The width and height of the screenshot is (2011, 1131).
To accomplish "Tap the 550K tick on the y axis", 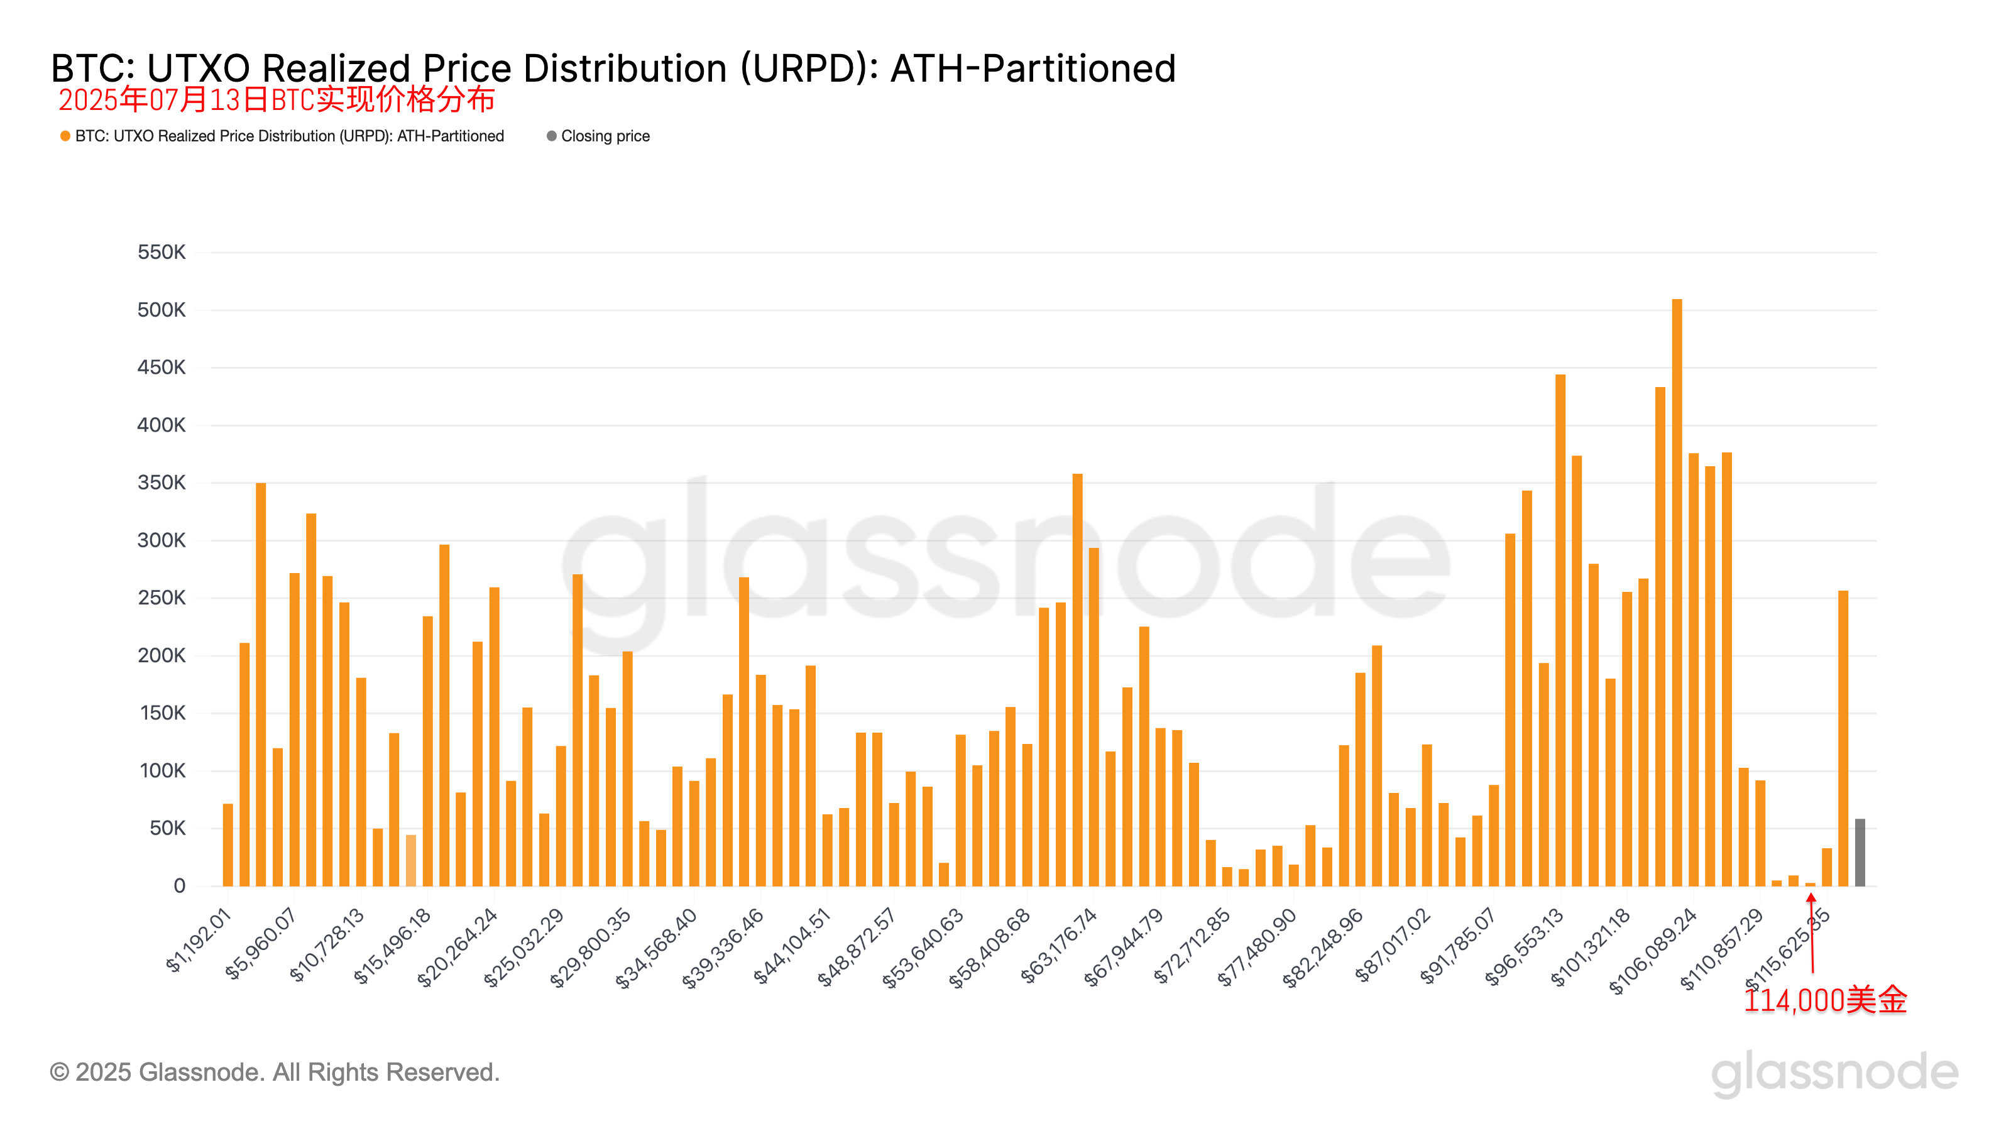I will tap(162, 252).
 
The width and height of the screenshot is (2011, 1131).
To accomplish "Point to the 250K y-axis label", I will tap(162, 598).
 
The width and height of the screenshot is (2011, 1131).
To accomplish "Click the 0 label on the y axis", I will tap(180, 886).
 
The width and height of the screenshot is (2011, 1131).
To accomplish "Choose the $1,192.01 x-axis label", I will tap(199, 941).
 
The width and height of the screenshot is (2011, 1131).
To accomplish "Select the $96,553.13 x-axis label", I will tap(1525, 946).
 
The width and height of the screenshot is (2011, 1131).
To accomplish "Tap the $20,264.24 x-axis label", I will tap(458, 946).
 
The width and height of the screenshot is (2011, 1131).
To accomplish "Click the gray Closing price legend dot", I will tap(552, 136).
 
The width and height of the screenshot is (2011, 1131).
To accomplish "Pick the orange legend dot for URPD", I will tap(65, 136).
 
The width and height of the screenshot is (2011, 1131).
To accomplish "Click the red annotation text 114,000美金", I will tap(1825, 1000).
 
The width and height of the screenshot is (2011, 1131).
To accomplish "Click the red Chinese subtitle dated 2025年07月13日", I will tap(277, 100).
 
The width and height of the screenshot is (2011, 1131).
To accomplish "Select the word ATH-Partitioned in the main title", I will tap(1033, 68).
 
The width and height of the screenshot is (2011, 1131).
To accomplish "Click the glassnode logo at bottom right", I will tap(1834, 1073).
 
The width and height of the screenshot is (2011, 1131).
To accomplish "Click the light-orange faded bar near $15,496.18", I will tap(410, 860).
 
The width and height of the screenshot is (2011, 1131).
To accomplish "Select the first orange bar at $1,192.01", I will tap(228, 844).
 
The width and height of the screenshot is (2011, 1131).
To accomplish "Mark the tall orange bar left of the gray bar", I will tap(1843, 738).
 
